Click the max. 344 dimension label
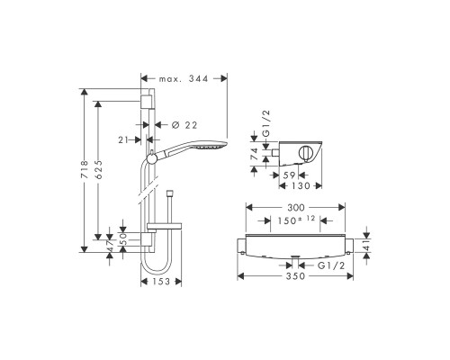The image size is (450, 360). click(x=184, y=79)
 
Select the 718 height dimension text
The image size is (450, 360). click(x=85, y=170)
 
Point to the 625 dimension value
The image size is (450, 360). click(x=98, y=170)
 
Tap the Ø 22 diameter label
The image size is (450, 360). click(x=184, y=125)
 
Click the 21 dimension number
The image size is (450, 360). click(x=124, y=139)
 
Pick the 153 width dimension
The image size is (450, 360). click(x=161, y=282)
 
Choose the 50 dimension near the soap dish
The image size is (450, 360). click(x=123, y=239)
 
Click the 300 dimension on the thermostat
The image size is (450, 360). click(x=296, y=208)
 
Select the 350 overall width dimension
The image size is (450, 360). click(x=295, y=276)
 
